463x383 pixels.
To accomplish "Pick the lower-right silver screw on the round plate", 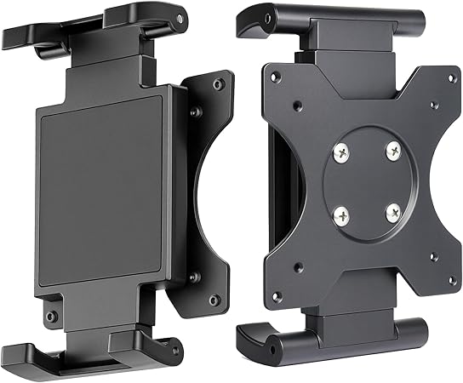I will tap(392, 213).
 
